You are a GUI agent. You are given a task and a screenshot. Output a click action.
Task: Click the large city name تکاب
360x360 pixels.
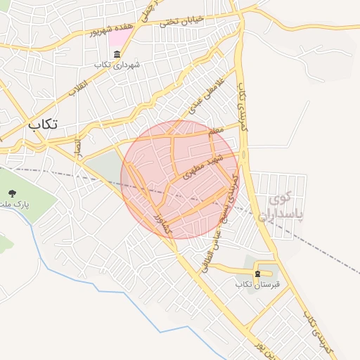pyautogui.click(x=44, y=124)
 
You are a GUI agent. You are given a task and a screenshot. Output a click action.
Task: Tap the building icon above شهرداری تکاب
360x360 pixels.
pyautogui.click(x=116, y=55)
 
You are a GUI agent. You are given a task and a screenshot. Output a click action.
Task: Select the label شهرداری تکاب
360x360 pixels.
pyautogui.click(x=117, y=65)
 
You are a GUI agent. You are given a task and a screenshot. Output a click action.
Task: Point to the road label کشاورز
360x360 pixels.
pyautogui.click(x=162, y=221)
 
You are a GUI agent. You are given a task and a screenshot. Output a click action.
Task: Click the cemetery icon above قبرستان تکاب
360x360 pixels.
pyautogui.click(x=258, y=274)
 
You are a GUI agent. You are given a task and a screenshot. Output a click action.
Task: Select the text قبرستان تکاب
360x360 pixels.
pyautogui.click(x=257, y=284)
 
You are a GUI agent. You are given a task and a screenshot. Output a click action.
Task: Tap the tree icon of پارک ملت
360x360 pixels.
pyautogui.click(x=11, y=193)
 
